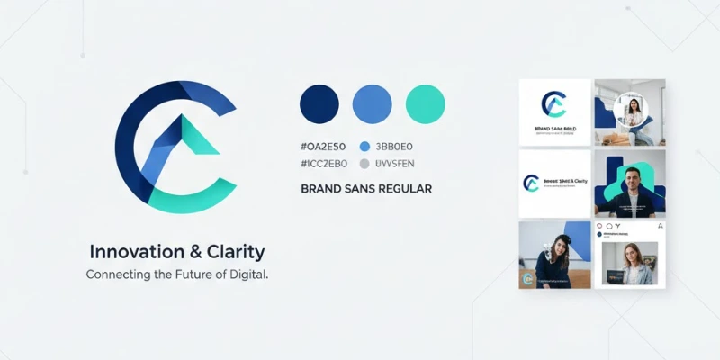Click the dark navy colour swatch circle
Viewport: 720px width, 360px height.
[319, 104]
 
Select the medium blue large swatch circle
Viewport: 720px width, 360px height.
[373, 104]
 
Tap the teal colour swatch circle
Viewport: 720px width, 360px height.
[426, 104]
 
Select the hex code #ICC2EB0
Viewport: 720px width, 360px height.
[324, 164]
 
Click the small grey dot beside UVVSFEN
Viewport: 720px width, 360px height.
[364, 164]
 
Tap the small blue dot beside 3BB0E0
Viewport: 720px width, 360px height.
[364, 146]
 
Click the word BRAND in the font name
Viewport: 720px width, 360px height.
[322, 189]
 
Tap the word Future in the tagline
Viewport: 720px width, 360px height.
[177, 274]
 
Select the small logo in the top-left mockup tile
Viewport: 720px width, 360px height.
[553, 104]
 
